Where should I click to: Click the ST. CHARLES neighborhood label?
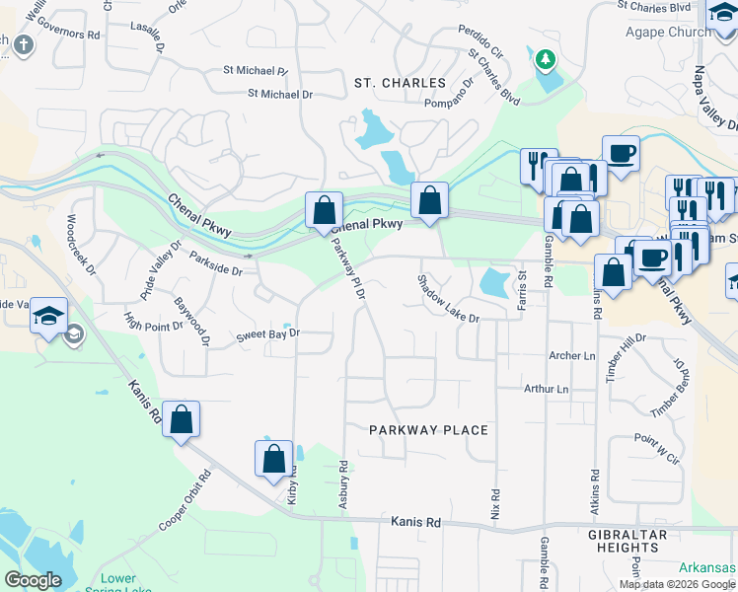(x=400, y=83)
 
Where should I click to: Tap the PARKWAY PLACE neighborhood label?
(x=429, y=430)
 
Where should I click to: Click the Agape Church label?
(x=668, y=32)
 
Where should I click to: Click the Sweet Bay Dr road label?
(x=267, y=335)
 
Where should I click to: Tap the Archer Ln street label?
(x=572, y=355)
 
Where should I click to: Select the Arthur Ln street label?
(x=547, y=390)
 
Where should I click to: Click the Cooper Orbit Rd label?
(x=184, y=499)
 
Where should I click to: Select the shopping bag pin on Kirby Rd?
(x=274, y=459)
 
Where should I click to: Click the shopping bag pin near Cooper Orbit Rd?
(x=182, y=420)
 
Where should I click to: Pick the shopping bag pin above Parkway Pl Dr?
(x=324, y=210)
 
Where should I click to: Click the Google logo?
(x=33, y=580)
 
